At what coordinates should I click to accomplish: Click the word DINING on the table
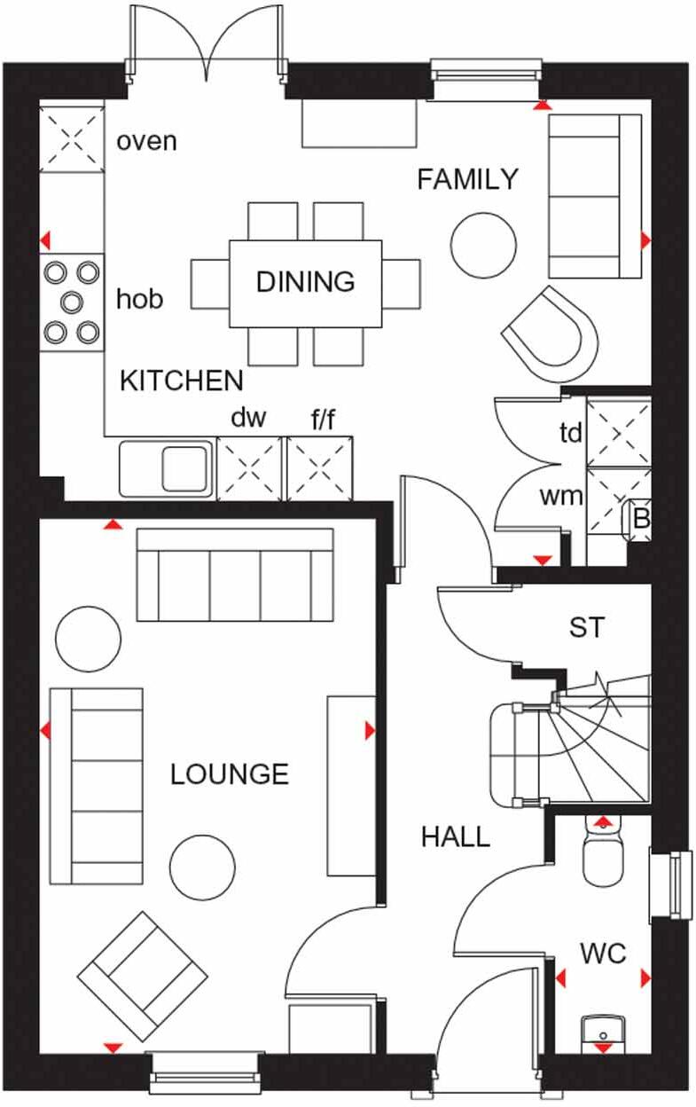coord(305,282)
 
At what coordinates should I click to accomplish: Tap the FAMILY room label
coord(467,179)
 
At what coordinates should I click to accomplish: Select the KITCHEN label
coord(181,381)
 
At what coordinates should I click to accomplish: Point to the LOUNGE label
coord(230,774)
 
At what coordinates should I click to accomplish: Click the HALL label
coord(455,836)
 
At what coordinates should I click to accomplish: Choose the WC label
coord(603,954)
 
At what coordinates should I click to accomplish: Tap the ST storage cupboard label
coord(586,628)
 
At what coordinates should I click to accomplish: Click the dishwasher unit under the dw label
coord(249,467)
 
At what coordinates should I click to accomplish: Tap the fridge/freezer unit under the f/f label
coord(319,467)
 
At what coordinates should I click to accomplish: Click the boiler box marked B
coord(640,520)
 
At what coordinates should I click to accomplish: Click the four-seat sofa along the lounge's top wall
coord(235,575)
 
